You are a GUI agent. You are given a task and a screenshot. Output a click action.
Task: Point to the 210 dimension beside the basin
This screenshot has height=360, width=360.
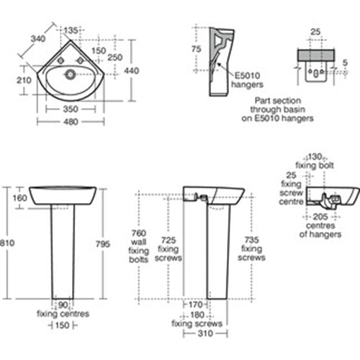[24, 81]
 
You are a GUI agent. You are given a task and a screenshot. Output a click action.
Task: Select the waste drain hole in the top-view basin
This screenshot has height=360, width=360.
[71, 73]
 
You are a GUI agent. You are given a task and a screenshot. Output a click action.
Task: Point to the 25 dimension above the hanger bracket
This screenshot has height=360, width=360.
[314, 31]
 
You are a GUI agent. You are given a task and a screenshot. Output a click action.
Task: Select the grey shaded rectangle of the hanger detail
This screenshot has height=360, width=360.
[314, 55]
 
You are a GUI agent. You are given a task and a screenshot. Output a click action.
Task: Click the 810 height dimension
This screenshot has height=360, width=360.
[6, 244]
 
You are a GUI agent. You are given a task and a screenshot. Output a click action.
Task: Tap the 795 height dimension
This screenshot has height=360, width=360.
[103, 244]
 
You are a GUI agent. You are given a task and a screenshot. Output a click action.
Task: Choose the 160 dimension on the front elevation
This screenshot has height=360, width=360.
[19, 198]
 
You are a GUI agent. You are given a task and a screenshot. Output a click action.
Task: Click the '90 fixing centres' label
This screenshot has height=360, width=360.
[64, 310]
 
